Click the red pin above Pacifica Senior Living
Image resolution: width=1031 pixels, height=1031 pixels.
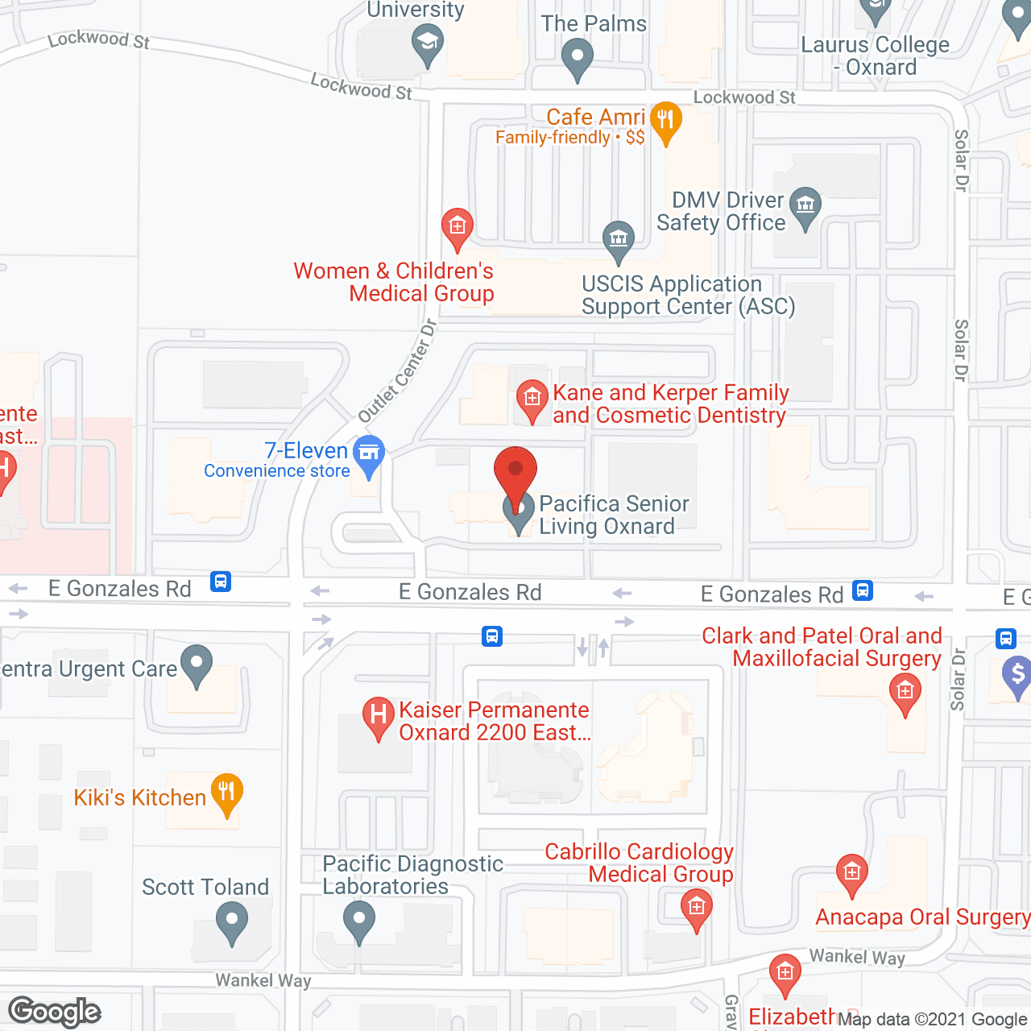click(515, 471)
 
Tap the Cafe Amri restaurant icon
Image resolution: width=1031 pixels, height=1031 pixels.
click(665, 121)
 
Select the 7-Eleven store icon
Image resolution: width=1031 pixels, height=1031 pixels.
click(369, 453)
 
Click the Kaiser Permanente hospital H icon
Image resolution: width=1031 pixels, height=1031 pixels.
click(378, 714)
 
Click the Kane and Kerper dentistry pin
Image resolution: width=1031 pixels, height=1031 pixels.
click(532, 397)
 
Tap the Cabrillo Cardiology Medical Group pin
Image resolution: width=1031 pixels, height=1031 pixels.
click(697, 907)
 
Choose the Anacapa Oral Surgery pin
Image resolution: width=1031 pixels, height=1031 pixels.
click(851, 872)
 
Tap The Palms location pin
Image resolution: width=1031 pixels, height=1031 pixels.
click(577, 57)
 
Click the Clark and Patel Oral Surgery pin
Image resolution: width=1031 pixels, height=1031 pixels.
click(905, 691)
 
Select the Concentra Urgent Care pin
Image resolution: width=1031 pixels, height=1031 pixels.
click(196, 664)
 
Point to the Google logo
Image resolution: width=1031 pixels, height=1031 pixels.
click(55, 1012)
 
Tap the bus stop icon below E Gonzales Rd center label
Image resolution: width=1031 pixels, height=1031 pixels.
click(492, 636)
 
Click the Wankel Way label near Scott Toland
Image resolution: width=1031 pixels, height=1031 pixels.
click(263, 980)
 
